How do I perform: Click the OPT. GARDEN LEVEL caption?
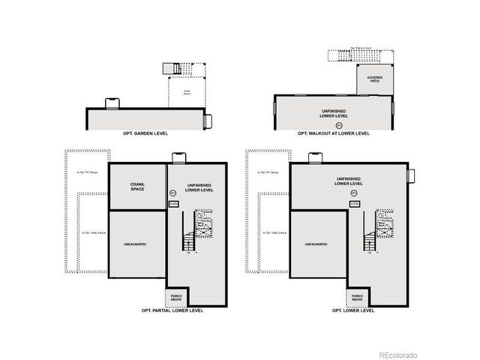(x=145, y=133)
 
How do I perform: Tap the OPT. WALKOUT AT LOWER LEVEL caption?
(x=333, y=133)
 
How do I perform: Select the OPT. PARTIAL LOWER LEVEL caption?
(x=172, y=310)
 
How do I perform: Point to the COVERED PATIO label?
(x=374, y=79)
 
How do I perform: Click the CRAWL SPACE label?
(x=137, y=186)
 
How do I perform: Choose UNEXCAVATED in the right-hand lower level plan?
(x=318, y=244)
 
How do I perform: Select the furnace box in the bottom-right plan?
(x=355, y=203)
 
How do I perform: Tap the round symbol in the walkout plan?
(x=338, y=124)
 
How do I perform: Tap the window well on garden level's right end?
(x=209, y=120)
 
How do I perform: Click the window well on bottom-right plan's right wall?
(x=410, y=175)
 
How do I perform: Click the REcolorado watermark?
(x=397, y=354)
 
